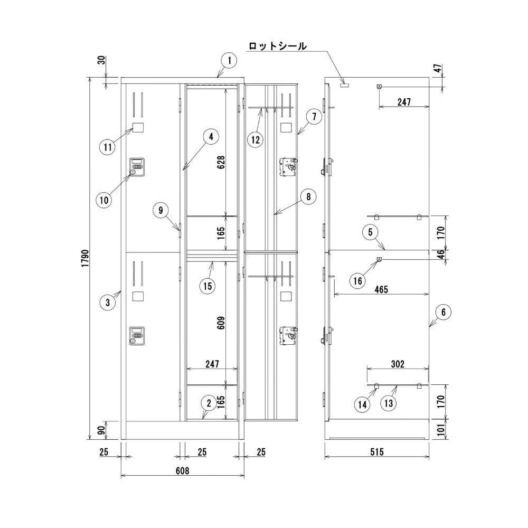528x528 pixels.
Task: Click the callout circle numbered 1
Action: (x=229, y=60)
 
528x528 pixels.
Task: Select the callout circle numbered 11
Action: (x=108, y=147)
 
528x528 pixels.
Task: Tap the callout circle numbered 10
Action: (x=105, y=200)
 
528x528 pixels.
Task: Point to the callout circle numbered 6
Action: (x=444, y=312)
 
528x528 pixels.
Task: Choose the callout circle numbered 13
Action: (x=389, y=404)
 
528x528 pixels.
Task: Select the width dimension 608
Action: (x=182, y=469)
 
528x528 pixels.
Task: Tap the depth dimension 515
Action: (x=376, y=452)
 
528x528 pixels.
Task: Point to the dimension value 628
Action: (x=221, y=164)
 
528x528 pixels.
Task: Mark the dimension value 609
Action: (x=221, y=322)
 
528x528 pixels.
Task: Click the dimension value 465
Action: (x=381, y=289)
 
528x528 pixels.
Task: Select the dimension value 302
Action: (x=398, y=364)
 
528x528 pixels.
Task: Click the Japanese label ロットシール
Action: (x=277, y=46)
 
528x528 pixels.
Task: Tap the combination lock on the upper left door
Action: (x=137, y=167)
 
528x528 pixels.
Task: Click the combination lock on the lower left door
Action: (x=137, y=335)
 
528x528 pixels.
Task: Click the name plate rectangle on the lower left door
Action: (x=138, y=296)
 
